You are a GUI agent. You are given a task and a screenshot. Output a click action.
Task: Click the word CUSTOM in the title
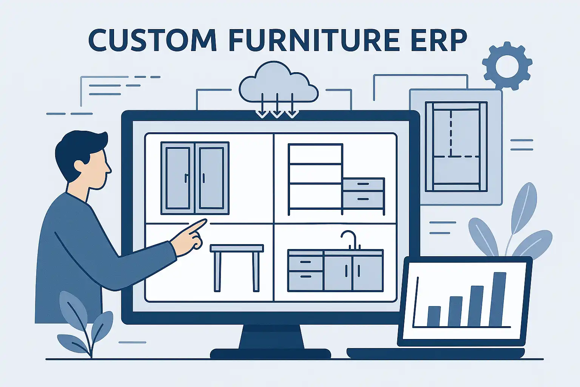click(152, 40)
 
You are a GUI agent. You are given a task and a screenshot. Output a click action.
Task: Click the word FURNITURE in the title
click(314, 40)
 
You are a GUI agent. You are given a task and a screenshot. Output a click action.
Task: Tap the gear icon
click(507, 66)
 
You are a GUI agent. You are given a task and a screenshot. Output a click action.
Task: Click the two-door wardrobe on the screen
click(195, 178)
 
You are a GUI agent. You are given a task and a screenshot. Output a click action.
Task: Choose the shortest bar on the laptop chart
click(434, 316)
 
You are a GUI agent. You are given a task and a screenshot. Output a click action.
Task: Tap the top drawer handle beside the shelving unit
click(363, 184)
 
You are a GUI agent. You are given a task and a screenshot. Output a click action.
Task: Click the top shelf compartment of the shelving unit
click(315, 154)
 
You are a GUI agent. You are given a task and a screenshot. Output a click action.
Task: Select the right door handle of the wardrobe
click(203, 178)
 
